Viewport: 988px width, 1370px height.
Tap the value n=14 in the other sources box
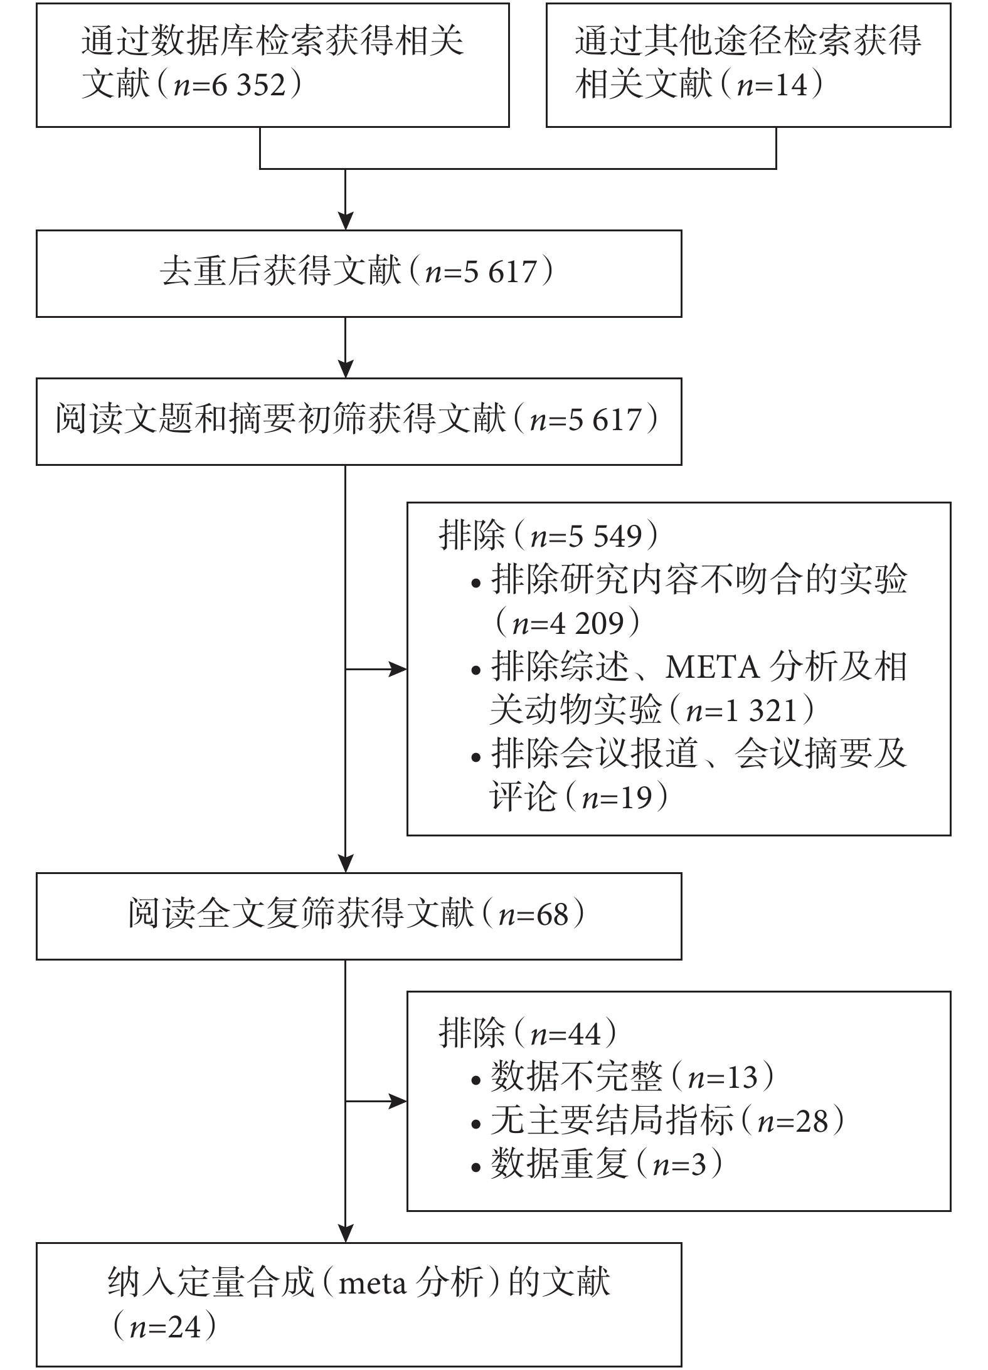pyautogui.click(x=772, y=85)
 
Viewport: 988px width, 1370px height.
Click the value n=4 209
pyautogui.click(x=568, y=623)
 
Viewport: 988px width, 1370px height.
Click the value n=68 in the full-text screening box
pyautogui.click(x=533, y=915)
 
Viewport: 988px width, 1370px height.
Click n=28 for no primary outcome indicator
pyautogui.click(x=793, y=1121)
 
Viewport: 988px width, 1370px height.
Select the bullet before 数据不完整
pyautogui.click(x=476, y=1080)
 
